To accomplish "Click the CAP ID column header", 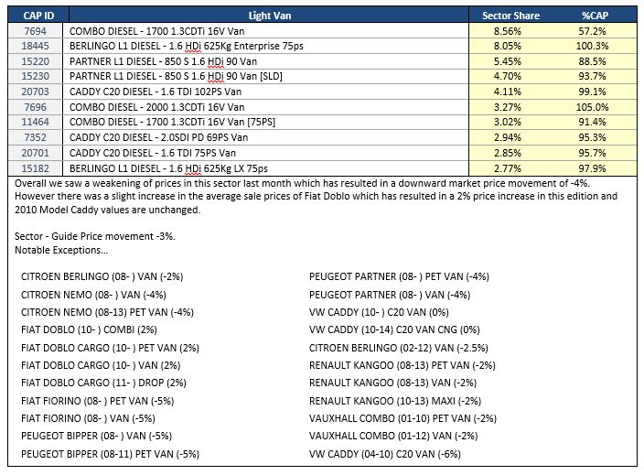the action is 38,16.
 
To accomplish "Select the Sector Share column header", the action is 510,16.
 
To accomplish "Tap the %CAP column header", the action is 595,16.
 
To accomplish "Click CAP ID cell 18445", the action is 36,46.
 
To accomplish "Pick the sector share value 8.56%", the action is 507,31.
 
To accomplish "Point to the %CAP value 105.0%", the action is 592,107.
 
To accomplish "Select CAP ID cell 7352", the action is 36,137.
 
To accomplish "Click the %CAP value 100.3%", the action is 592,46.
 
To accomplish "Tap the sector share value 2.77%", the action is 507,168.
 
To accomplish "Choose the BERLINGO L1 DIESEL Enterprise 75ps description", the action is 187,46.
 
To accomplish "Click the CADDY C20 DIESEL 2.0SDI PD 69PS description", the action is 158,137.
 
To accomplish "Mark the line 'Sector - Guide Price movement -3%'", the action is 95,236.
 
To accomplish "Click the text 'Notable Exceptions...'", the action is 61,250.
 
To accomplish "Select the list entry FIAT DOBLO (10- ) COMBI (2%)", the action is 89,329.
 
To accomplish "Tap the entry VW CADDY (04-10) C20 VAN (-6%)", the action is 385,454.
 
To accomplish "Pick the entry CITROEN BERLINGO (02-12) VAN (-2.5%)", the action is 399,348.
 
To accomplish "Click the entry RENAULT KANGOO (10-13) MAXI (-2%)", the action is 395,401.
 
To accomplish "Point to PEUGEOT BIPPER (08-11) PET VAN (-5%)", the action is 110,454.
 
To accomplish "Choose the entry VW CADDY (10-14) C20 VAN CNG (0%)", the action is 394,329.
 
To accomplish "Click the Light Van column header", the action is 270,16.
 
